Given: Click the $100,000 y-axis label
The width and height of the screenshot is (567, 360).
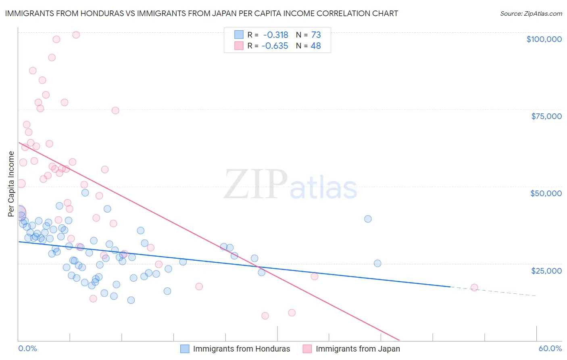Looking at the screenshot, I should pos(544,39).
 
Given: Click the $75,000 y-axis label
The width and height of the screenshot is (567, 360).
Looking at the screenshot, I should pos(546,116).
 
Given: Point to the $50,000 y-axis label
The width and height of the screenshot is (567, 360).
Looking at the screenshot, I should pos(546,193).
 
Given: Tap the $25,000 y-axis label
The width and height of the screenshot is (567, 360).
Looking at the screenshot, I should pos(546,270).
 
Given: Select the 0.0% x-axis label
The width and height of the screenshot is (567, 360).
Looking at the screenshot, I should pos(27,348).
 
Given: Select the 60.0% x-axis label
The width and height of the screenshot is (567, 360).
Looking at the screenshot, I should pos(550,348).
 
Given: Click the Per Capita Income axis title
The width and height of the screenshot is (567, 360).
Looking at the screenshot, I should pos(11,184).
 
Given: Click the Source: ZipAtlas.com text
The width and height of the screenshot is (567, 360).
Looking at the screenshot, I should pos(531,14).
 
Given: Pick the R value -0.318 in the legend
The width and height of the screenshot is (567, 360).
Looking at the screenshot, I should pos(275,35).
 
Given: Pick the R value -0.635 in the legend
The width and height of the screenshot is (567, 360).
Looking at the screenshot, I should pos(275,46).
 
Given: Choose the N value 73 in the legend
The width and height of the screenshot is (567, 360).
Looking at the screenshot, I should pos(316,35).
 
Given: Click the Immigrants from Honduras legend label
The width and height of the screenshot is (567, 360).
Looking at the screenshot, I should pos(241,349).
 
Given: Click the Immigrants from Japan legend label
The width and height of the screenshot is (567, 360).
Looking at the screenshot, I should pos(358,349).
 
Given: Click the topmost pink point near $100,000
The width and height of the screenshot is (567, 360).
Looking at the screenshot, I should pos(76,35).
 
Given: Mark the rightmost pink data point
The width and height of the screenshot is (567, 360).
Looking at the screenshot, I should pos(474,288).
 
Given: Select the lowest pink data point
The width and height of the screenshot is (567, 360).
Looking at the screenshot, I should pos(265,316).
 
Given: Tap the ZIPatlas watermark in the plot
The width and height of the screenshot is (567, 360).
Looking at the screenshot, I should pos(290,184).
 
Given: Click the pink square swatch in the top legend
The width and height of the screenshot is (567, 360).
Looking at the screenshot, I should pos(239,46).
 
